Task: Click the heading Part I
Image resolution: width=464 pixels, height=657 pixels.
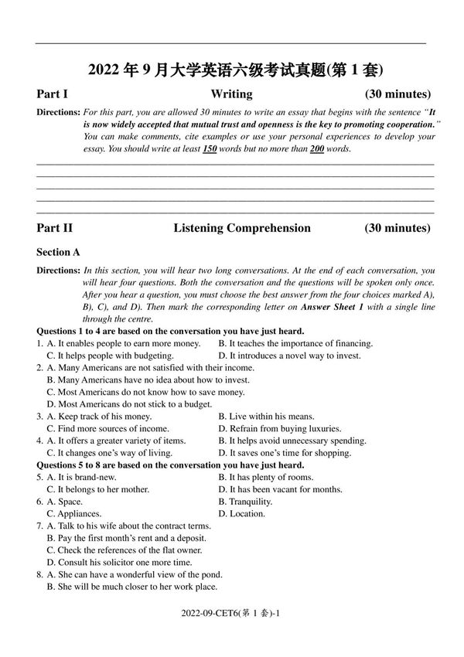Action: pyautogui.click(x=52, y=94)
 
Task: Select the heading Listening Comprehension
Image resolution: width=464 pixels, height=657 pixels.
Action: pyautogui.click(x=241, y=228)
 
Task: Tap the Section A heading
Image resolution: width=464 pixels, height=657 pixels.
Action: pyautogui.click(x=58, y=252)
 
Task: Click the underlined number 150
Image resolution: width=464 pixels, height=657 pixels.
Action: pyautogui.click(x=209, y=148)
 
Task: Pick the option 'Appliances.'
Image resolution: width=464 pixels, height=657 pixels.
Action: pyautogui.click(x=78, y=513)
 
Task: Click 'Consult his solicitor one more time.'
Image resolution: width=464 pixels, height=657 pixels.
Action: pyautogui.click(x=119, y=562)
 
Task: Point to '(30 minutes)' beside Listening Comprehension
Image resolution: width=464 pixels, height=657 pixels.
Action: pyautogui.click(x=397, y=228)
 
